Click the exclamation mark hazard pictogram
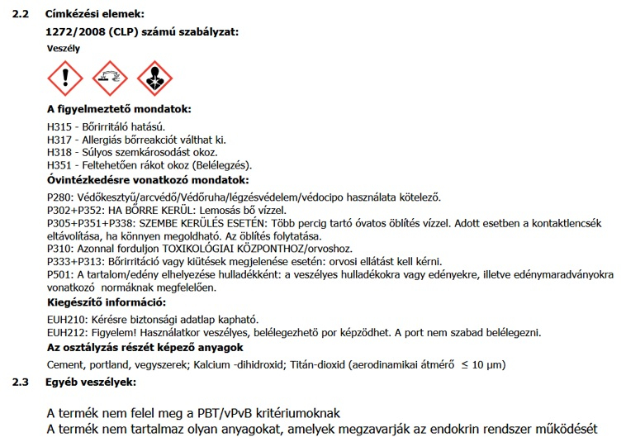66,78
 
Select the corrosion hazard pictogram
110,78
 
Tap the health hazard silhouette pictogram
154,78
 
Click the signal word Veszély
64,48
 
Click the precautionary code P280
60,197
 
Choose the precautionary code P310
60,248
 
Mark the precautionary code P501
60,274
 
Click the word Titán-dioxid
316,364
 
